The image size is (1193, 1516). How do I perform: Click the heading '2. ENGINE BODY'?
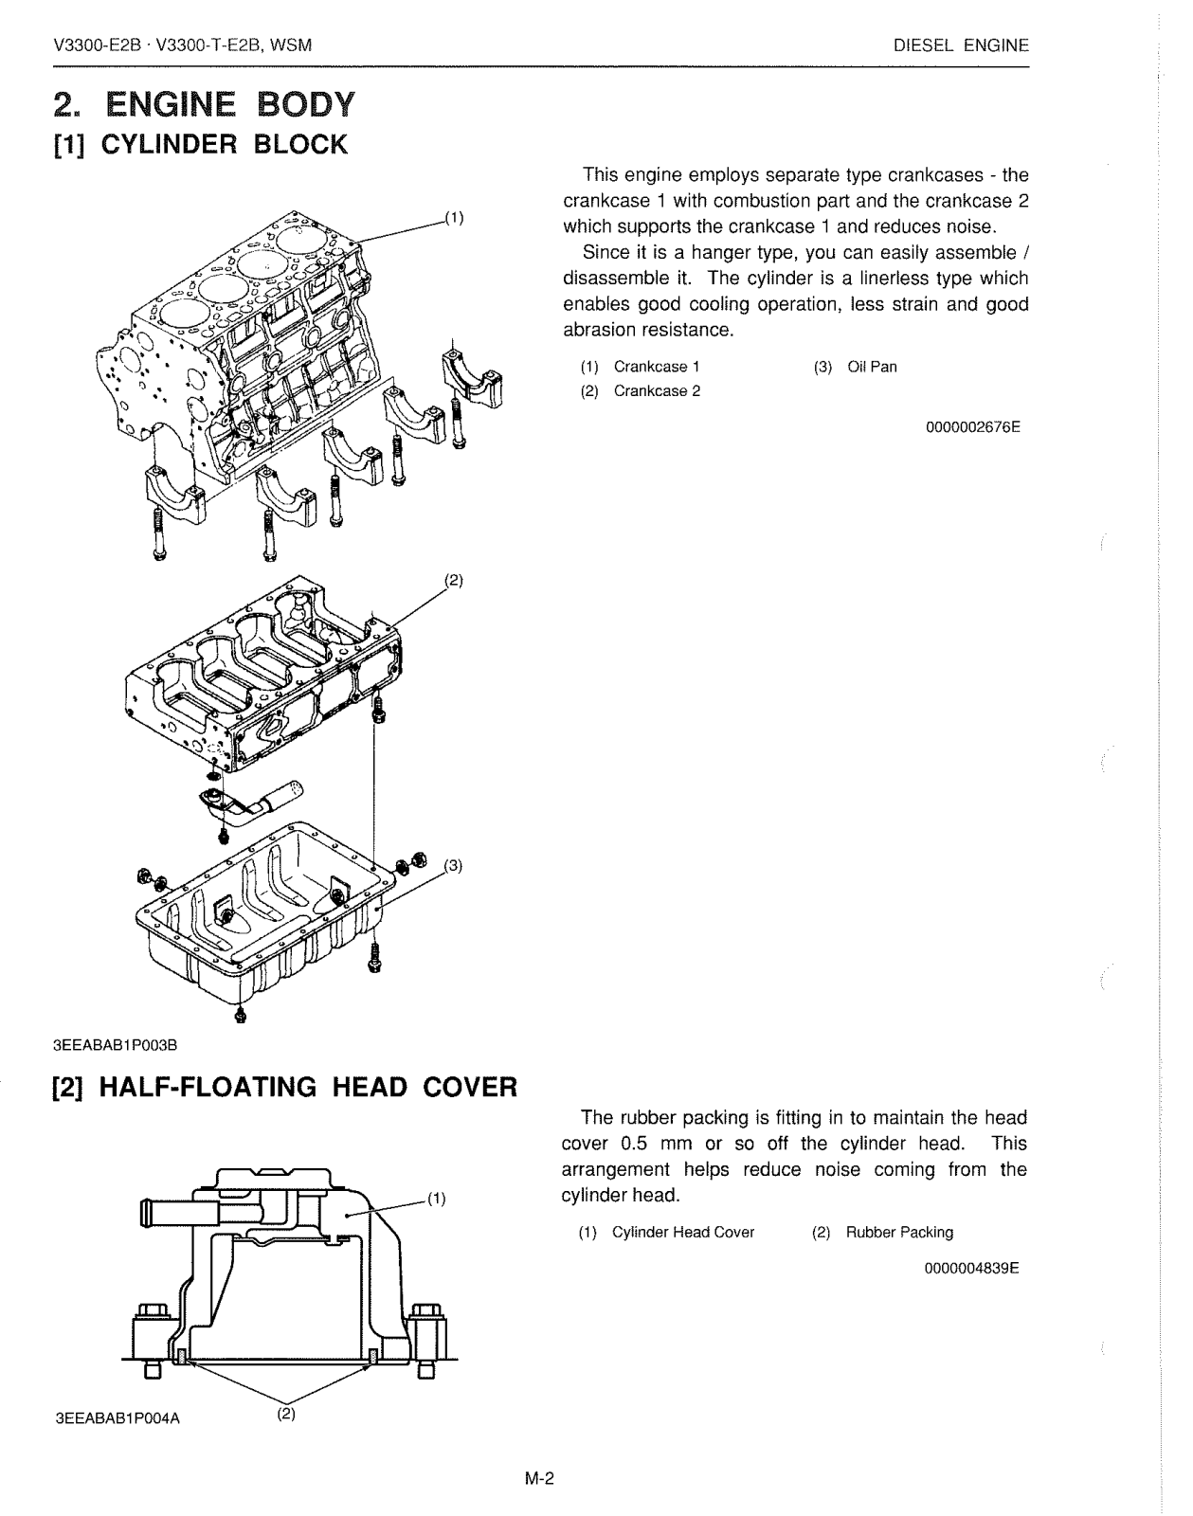coord(205,102)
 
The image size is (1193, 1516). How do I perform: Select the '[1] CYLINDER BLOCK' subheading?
coord(201,145)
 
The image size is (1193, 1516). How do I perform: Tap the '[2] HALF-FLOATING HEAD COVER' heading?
coord(284,1086)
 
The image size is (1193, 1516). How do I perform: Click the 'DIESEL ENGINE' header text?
coord(961,45)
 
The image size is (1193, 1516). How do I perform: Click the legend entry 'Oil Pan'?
coord(872,367)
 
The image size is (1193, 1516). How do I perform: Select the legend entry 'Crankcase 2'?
coord(657,391)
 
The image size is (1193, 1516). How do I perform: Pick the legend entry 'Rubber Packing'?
coord(899,1232)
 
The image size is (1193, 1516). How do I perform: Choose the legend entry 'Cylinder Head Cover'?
coord(683,1232)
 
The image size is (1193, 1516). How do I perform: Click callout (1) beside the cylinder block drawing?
coord(454,218)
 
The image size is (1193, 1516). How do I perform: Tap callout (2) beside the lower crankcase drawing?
coord(453,580)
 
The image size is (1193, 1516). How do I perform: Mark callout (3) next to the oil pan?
coord(453,864)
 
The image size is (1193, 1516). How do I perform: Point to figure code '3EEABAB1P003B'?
coord(116,1044)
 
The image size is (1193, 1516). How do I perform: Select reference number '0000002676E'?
coord(972,426)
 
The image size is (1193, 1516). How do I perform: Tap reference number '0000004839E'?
coord(971,1268)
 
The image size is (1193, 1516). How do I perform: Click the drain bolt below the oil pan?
coord(239,1015)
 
